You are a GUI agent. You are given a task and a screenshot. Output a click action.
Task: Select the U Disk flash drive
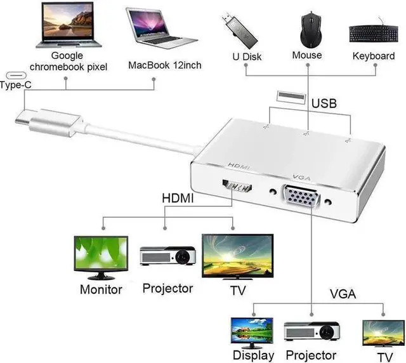click(x=241, y=29)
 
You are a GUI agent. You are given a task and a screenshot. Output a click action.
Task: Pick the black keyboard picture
click(x=372, y=33)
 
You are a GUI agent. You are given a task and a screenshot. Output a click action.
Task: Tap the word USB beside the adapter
click(x=324, y=103)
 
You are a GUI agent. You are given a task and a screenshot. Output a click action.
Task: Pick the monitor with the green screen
click(x=100, y=256)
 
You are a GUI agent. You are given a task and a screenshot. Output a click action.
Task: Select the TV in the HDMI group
click(x=237, y=254)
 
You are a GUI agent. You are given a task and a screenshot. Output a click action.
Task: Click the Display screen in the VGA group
click(x=252, y=331)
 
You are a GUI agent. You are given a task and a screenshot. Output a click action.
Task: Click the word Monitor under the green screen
click(x=101, y=289)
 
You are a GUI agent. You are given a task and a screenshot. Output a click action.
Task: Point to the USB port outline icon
click(x=287, y=96)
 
